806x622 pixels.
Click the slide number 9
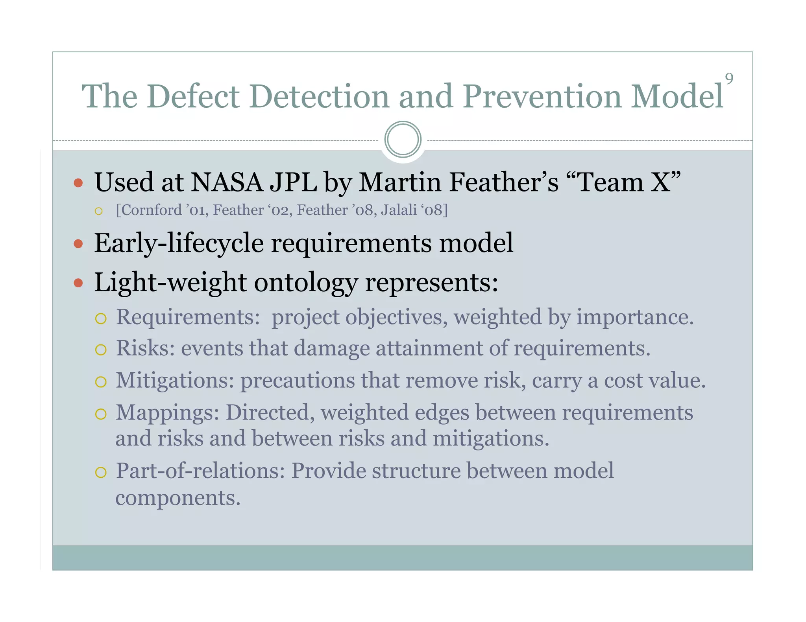point(729,79)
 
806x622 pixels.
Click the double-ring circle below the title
point(403,140)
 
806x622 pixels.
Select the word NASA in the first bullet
point(227,182)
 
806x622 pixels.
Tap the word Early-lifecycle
point(179,243)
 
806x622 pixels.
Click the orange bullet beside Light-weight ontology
point(78,283)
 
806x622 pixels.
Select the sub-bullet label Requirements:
point(188,317)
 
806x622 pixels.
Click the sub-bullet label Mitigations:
point(175,381)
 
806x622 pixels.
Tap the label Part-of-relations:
point(200,471)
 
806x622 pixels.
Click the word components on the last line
point(177,498)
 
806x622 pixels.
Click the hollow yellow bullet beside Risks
point(101,350)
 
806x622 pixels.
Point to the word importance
point(634,317)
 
